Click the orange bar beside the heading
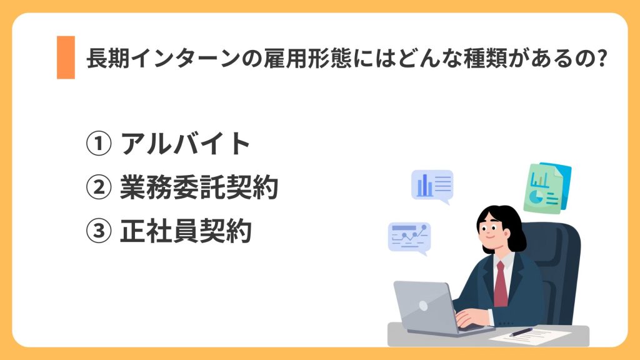66,57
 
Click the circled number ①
97,144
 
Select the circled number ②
97,188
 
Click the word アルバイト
186,144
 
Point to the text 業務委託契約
199,188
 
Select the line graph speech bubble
409,237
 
